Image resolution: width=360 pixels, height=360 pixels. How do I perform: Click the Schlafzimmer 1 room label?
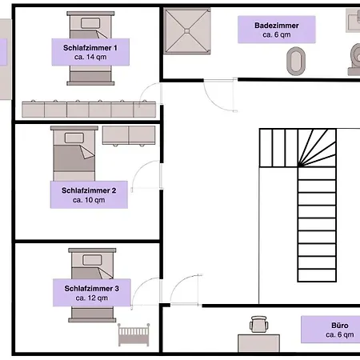click(90, 52)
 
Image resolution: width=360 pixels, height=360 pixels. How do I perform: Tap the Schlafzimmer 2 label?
click(89, 194)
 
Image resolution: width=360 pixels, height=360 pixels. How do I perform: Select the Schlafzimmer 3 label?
click(92, 293)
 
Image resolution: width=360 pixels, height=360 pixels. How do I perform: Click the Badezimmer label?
click(277, 30)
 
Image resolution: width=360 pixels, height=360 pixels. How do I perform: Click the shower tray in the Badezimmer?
click(187, 31)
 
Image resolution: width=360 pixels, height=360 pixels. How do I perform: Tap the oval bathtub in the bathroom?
click(296, 61)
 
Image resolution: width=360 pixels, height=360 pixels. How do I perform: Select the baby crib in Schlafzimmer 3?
click(134, 335)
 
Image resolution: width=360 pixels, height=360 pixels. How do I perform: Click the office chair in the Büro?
click(258, 324)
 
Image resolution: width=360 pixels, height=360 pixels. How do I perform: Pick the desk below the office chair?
click(258, 343)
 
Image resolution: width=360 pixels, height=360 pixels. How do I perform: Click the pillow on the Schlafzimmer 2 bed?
click(74, 138)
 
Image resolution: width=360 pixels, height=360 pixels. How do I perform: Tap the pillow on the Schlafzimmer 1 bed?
click(90, 23)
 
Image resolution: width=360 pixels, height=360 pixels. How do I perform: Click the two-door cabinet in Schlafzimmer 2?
click(129, 135)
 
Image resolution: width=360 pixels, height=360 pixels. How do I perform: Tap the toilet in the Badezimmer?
click(354, 60)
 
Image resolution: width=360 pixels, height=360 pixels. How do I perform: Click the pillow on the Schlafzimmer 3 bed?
click(92, 260)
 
